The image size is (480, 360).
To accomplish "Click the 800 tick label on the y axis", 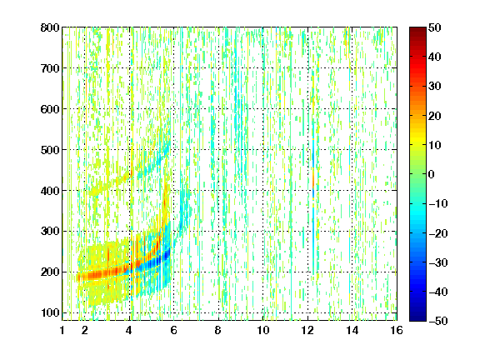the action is [50, 27].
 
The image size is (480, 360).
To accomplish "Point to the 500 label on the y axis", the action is [50, 150].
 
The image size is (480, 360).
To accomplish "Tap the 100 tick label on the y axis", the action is [50, 313].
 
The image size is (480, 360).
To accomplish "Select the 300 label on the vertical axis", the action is [50, 232].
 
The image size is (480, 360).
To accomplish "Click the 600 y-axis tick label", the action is [50, 109].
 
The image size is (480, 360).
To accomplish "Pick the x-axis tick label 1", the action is [62, 330].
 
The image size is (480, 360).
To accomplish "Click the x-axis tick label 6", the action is [173, 330].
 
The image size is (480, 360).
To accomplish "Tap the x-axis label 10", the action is [263, 330].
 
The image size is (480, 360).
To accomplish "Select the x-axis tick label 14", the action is [352, 330].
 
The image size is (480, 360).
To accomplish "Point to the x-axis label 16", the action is [397, 330].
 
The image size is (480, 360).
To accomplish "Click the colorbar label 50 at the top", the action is [434, 27].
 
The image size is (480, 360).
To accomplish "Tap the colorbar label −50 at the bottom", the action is [438, 321].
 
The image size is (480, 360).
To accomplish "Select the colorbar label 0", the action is [431, 174].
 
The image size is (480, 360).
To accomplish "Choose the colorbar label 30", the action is [434, 87].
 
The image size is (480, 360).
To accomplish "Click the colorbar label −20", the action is [438, 233].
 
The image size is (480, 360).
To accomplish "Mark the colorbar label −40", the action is [438, 292].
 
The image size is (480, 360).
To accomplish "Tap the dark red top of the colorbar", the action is [417, 32].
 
